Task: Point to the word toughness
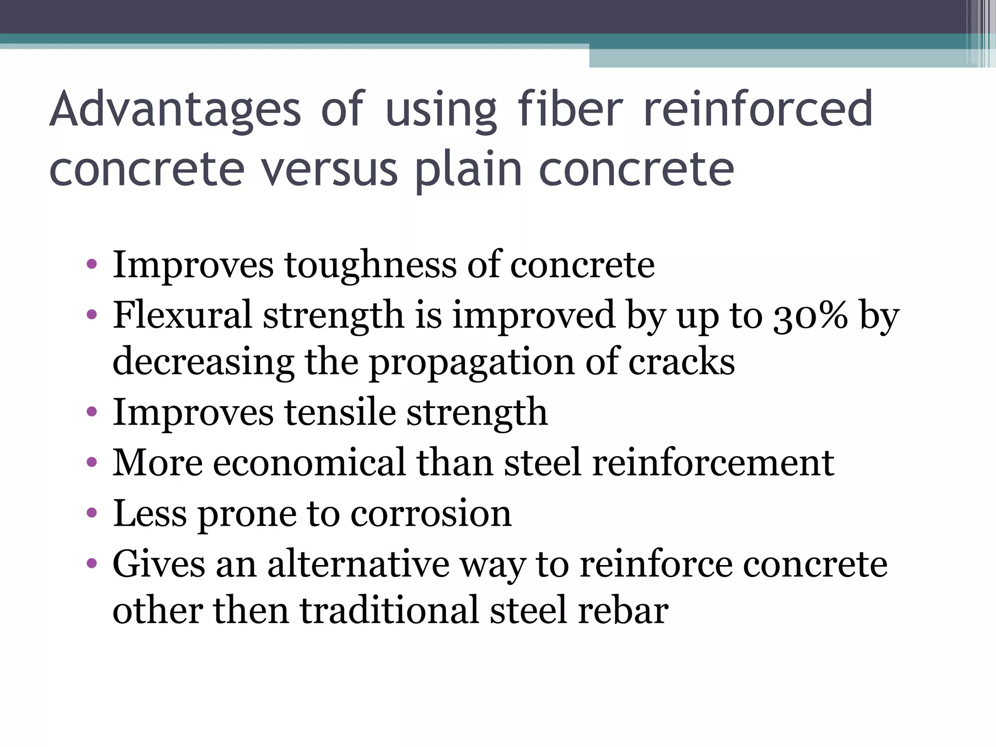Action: [x=370, y=266]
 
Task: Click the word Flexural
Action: [x=182, y=315]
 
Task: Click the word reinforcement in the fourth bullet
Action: [x=713, y=462]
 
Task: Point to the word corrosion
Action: [x=431, y=514]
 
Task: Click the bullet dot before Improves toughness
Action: [x=91, y=266]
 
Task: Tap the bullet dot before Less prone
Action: [x=91, y=513]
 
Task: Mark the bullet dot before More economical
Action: [x=91, y=462]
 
